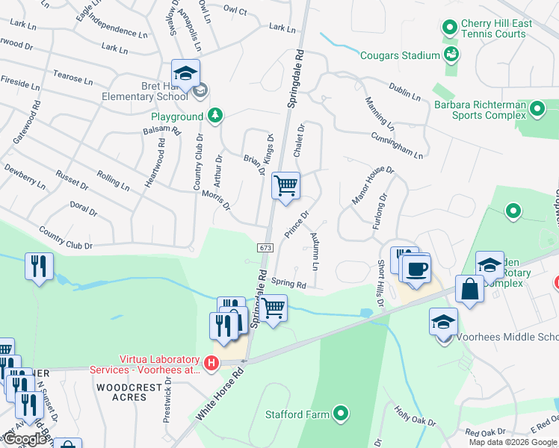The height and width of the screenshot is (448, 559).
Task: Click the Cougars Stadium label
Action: click(400, 55)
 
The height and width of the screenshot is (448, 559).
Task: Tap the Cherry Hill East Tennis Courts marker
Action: click(449, 28)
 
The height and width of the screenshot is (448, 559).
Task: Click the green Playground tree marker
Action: click(215, 116)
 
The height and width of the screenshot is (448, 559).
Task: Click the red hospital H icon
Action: click(211, 364)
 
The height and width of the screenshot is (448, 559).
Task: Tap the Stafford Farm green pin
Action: click(342, 413)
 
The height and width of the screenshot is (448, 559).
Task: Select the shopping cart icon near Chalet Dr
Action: click(285, 185)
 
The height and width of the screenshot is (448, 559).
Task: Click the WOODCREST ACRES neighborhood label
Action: click(122, 392)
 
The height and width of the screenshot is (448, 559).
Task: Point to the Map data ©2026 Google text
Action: click(513, 442)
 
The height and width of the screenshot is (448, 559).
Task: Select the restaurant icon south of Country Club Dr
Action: click(38, 267)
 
